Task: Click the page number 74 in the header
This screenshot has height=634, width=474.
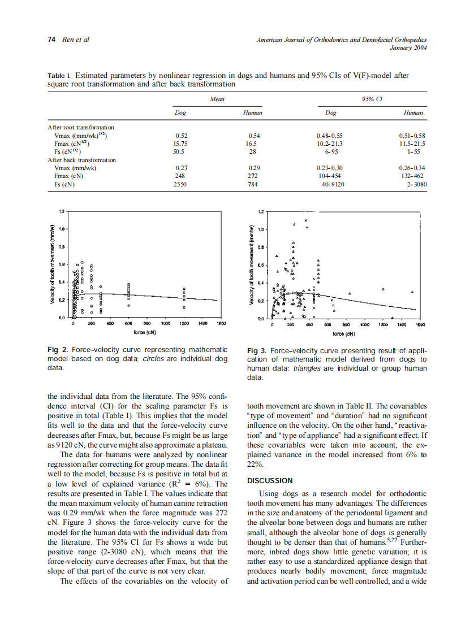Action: point(51,40)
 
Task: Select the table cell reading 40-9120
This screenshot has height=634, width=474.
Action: point(331,184)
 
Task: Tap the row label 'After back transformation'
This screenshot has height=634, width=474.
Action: point(81,160)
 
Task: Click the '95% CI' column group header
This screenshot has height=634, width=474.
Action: point(372,99)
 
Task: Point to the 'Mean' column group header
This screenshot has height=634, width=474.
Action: point(217,99)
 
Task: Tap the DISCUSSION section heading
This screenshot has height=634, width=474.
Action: point(270,481)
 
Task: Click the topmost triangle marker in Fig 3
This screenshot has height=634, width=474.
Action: point(306,220)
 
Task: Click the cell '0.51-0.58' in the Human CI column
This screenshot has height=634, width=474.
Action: point(412,136)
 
